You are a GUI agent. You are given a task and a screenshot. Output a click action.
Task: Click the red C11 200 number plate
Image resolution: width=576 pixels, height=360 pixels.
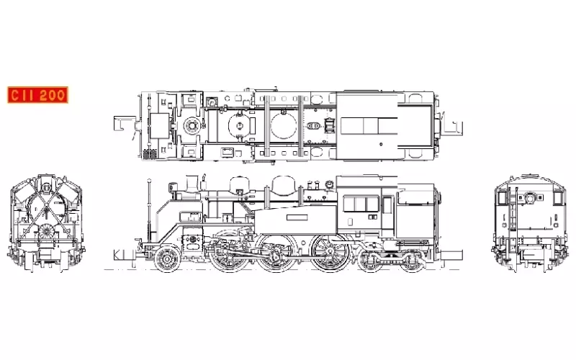38,95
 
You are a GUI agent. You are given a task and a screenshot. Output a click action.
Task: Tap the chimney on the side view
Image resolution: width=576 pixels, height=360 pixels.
192,184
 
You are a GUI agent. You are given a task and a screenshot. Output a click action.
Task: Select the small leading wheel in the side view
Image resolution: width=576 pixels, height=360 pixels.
168,259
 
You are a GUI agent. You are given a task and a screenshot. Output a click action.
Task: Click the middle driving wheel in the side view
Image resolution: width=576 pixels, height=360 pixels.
276,253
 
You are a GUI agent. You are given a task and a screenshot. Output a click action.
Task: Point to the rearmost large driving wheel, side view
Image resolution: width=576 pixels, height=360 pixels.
330,253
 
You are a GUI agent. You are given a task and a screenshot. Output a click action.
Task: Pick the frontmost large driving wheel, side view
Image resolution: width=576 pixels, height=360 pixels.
228,253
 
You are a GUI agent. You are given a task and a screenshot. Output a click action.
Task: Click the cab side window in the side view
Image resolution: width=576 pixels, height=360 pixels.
361,204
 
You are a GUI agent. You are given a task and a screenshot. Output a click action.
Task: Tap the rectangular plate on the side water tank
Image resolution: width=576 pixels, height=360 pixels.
297,217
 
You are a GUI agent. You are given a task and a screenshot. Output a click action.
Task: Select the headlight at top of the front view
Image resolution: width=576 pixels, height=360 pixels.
45,188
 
